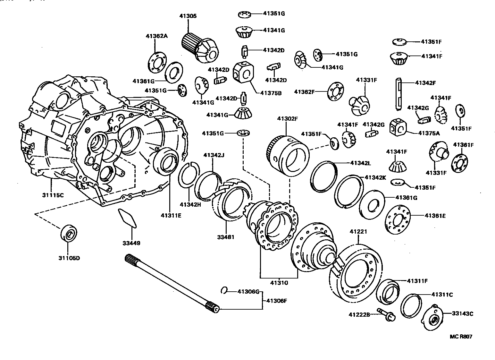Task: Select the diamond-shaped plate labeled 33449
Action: click(x=127, y=218)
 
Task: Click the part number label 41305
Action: click(x=188, y=16)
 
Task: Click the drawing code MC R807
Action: click(x=461, y=337)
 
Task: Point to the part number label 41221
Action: click(x=358, y=231)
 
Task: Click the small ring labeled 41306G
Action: click(x=224, y=291)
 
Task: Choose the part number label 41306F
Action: click(x=276, y=301)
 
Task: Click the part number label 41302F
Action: click(x=288, y=118)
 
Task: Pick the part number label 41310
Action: click(x=279, y=283)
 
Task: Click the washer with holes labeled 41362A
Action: click(x=156, y=64)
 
